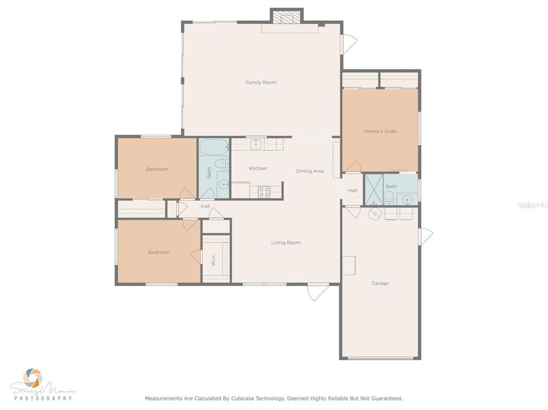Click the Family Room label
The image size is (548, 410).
click(261, 82)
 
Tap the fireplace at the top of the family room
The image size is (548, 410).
click(286, 17)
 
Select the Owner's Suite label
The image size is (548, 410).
click(380, 131)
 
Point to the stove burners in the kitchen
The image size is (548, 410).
click(264, 191)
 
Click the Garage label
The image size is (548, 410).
click(379, 283)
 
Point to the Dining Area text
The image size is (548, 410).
click(310, 171)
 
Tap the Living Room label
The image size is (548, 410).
click(286, 242)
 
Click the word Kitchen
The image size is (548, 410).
click(258, 168)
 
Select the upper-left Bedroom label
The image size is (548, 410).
click(157, 169)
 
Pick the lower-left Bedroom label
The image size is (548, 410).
click(159, 252)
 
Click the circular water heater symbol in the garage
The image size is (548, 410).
click(373, 213)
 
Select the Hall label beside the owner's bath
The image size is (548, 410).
click(352, 190)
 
